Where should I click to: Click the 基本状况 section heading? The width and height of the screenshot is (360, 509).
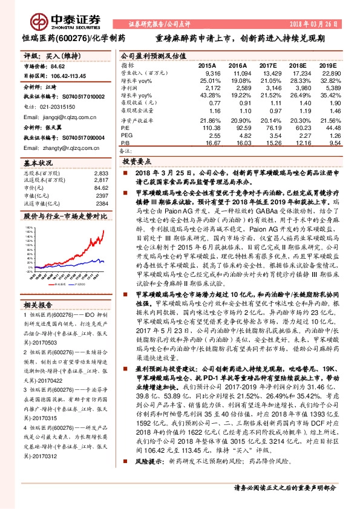(x=38, y=164)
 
